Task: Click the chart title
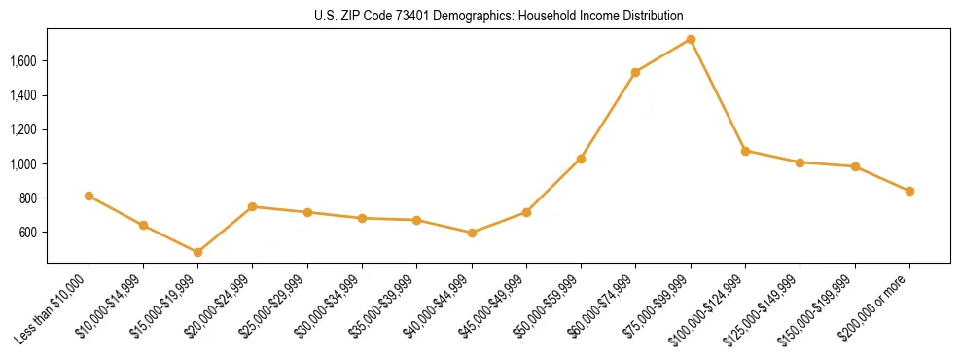pyautogui.click(x=499, y=17)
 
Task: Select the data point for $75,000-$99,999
pyautogui.click(x=691, y=39)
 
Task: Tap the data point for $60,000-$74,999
pyautogui.click(x=635, y=72)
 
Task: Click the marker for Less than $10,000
pyautogui.click(x=89, y=196)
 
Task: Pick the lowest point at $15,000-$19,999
pyautogui.click(x=197, y=252)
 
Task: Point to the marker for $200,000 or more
pyautogui.click(x=909, y=191)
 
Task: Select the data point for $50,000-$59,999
pyautogui.click(x=581, y=159)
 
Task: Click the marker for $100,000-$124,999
pyautogui.click(x=745, y=151)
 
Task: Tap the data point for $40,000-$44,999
pyautogui.click(x=472, y=233)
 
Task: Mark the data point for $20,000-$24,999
pyautogui.click(x=252, y=206)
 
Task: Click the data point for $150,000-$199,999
pyautogui.click(x=855, y=166)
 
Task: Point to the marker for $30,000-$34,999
pyautogui.click(x=362, y=218)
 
